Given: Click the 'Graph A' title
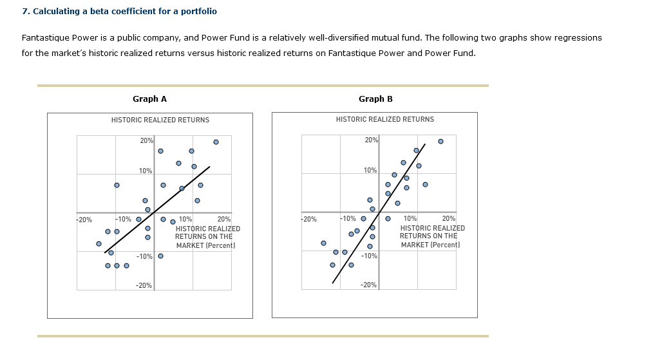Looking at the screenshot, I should [x=149, y=99].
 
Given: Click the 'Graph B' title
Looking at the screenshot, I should [x=375, y=99].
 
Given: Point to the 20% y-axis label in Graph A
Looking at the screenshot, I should [x=146, y=140].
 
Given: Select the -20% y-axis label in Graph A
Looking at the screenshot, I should [x=144, y=285].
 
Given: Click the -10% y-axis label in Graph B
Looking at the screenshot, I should [x=369, y=256].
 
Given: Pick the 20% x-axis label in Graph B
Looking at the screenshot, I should [x=449, y=219].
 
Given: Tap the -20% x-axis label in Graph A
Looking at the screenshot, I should [x=84, y=219].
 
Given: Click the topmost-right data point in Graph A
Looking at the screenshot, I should [x=216, y=142].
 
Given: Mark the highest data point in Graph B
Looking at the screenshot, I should [x=440, y=141].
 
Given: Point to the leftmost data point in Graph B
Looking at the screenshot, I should [x=323, y=243].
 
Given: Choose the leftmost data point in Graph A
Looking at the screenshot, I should [x=99, y=243].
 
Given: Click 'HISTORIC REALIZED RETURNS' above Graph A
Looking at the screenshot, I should [x=160, y=120].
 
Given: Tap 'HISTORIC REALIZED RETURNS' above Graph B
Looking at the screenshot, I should [x=385, y=119].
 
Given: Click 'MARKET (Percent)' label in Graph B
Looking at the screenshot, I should [x=430, y=245].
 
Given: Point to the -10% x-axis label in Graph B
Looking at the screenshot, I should [x=348, y=219].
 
